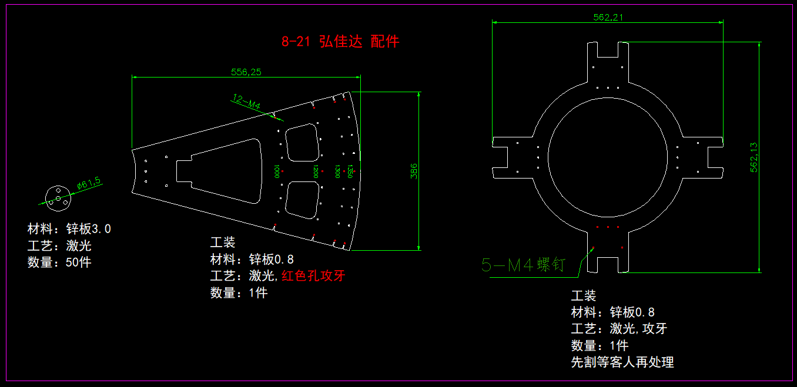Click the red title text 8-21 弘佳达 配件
[340, 41]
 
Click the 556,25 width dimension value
[246, 72]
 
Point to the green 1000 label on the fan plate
[276, 171]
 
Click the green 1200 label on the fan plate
[316, 171]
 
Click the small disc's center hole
[58, 198]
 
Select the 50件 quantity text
[79, 262]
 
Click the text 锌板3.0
[89, 228]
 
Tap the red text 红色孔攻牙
[313, 275]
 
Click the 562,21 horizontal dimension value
[608, 17]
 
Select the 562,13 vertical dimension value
[754, 157]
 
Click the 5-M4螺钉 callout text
[523, 265]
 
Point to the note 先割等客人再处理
[622, 362]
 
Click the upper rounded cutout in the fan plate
[302, 143]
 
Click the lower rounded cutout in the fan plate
[302, 200]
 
